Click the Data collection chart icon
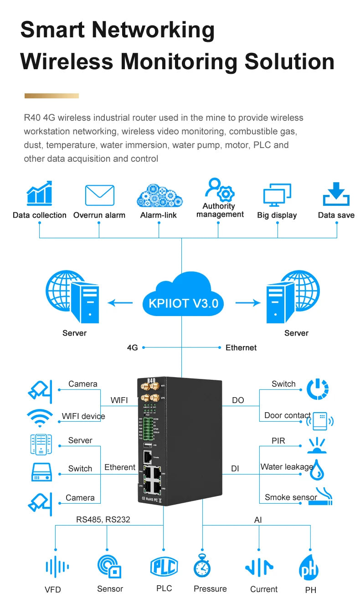39,194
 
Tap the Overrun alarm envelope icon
99,195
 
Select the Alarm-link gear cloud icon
159,195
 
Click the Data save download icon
336,194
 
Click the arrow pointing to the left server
120,302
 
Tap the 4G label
132,347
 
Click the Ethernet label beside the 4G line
241,347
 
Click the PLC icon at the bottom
164,567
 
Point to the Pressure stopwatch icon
202,566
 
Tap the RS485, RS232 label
103,519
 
